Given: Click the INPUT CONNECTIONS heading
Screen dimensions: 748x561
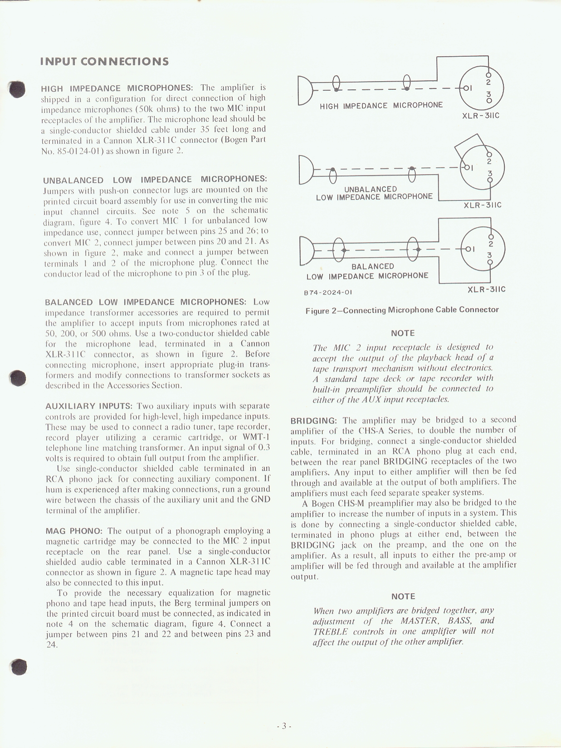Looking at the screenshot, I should (x=104, y=62).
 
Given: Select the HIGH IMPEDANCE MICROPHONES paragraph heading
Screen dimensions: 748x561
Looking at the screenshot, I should (x=117, y=88).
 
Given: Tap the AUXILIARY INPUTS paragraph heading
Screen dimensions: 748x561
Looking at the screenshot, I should (x=89, y=406).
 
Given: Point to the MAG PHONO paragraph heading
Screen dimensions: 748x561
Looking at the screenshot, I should (x=74, y=531).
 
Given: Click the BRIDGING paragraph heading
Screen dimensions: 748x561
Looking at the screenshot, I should (x=313, y=421).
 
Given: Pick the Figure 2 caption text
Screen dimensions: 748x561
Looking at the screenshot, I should (x=402, y=310).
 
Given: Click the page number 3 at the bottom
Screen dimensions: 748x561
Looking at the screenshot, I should (x=284, y=726).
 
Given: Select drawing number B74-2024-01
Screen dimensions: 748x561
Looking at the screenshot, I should (x=328, y=292).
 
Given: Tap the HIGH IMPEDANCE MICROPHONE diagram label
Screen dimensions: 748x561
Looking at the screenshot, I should (x=381, y=106).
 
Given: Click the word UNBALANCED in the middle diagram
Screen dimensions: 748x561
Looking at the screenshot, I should (x=371, y=189).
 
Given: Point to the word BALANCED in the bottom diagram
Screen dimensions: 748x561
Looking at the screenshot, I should (x=373, y=267).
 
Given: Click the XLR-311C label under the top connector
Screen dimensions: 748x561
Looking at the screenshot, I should (x=480, y=116).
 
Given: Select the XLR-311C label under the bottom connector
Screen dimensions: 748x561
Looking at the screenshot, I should (x=486, y=289).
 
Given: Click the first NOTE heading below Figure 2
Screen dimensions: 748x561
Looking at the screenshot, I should (x=403, y=333).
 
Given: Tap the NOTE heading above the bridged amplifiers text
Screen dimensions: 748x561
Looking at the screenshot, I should (x=403, y=597).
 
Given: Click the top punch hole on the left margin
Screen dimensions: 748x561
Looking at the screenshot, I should (x=18, y=89).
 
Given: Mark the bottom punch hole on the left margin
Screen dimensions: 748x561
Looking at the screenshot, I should (x=19, y=666).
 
